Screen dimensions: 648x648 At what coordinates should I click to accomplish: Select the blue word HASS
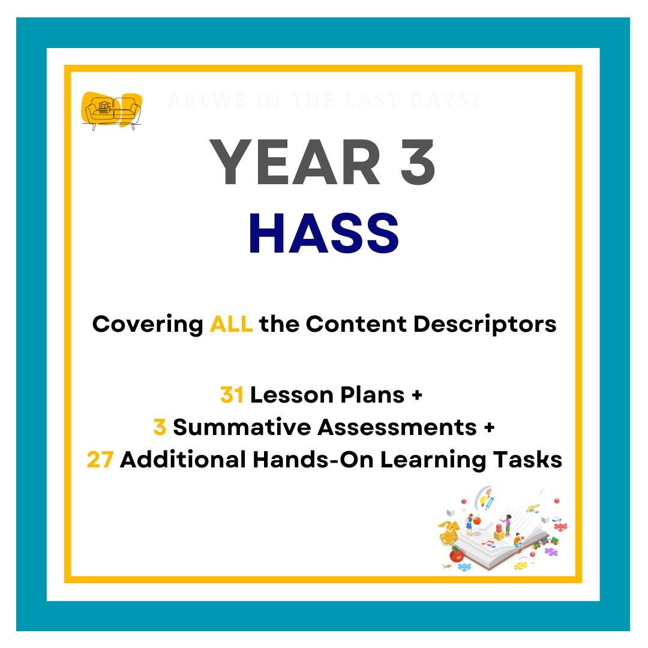323,234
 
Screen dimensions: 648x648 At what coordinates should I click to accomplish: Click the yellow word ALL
231,325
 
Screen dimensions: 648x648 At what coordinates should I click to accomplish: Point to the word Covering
147,325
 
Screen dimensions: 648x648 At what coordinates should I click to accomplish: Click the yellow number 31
232,395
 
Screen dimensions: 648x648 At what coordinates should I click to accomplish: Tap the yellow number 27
100,460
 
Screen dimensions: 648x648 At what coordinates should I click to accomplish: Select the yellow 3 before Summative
160,428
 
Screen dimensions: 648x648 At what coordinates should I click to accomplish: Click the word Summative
242,428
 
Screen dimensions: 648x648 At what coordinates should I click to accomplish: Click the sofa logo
112,111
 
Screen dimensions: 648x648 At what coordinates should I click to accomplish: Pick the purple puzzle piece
551,551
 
